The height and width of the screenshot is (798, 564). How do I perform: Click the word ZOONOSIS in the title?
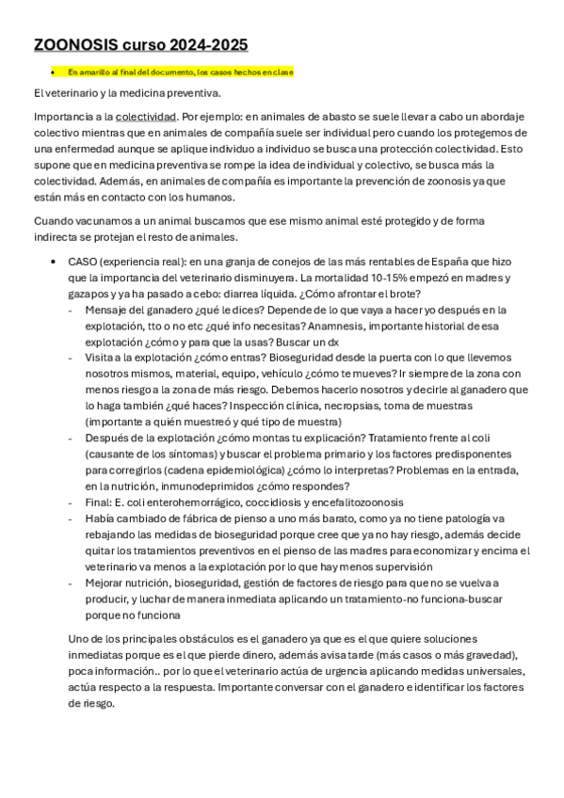tap(75, 44)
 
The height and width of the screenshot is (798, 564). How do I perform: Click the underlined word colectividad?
tap(146, 117)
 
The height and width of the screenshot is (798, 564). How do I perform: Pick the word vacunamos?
tap(105, 221)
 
